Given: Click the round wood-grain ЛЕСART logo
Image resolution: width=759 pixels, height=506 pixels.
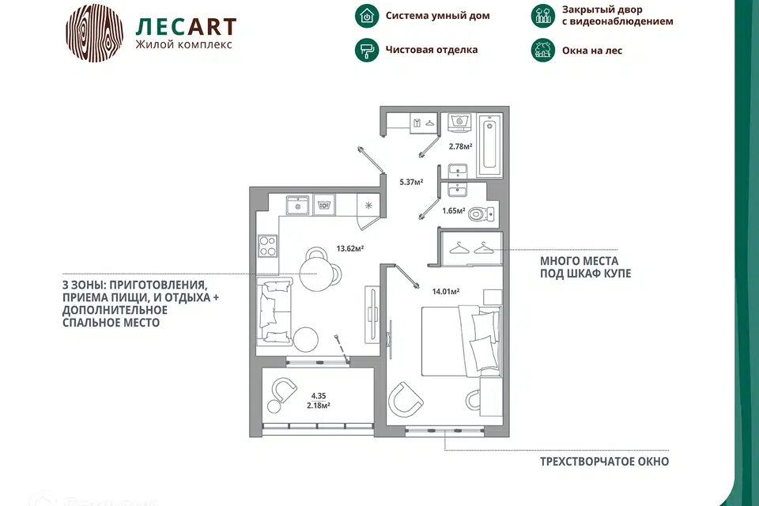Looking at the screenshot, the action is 94,33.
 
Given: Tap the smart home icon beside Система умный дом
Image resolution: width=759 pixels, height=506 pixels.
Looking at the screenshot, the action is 367,16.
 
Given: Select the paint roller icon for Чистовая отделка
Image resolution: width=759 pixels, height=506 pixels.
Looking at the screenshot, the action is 367,50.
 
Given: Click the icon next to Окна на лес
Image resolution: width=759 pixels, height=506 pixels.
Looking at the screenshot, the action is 543,50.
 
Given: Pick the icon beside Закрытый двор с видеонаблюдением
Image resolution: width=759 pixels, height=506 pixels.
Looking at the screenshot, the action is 543,16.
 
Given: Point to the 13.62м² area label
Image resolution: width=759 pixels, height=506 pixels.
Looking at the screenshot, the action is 350,249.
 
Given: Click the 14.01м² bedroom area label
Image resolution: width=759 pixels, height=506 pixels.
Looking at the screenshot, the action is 446,292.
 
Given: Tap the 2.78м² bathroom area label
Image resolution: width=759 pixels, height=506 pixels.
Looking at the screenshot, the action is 460,146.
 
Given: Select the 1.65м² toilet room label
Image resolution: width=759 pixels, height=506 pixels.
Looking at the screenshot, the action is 454,210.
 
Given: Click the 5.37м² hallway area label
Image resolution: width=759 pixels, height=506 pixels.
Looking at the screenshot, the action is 411,182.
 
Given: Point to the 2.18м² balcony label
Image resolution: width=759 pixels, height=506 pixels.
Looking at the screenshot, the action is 319,406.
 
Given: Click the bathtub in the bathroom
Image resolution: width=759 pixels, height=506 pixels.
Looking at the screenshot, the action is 489,145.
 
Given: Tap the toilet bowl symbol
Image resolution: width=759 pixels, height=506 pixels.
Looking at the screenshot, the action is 481,213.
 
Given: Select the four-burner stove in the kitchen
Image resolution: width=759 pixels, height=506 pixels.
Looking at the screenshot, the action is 268,246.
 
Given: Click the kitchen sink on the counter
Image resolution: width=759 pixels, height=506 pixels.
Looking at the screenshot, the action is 298,205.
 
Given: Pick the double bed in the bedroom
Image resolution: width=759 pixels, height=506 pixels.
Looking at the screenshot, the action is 461,341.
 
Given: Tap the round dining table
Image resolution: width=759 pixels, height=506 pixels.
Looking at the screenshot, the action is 315,274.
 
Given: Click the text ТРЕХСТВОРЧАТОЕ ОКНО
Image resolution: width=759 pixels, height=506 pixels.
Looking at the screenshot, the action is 605,462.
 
